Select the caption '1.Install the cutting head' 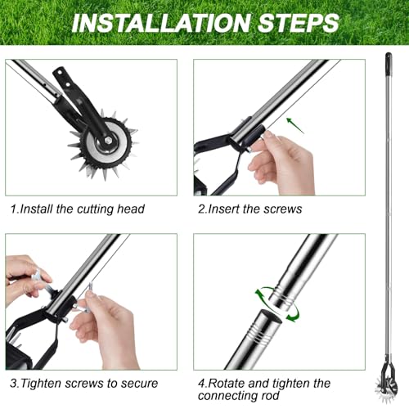tap(78, 209)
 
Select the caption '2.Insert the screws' tap(249, 209)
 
